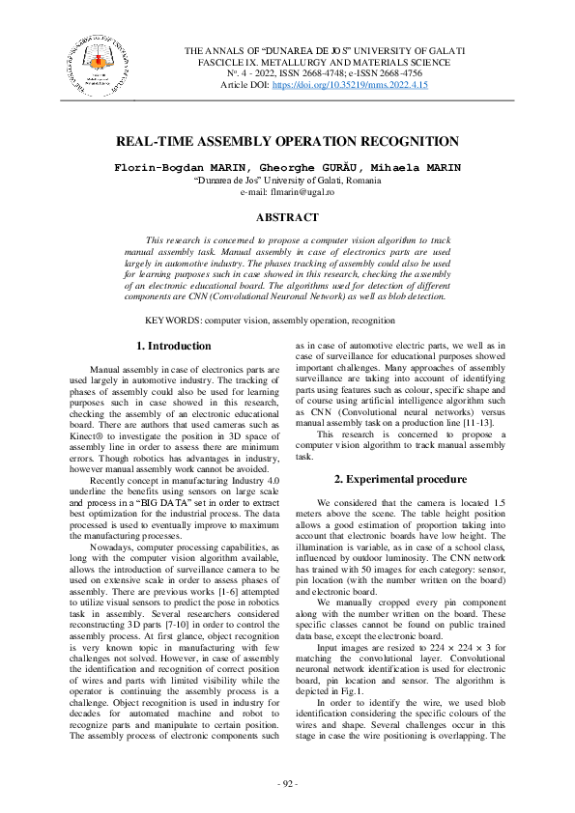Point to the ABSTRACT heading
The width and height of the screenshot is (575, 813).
point(287,217)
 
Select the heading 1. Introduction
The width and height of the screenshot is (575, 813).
point(173,346)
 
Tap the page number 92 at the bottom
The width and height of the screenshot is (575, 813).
point(287,782)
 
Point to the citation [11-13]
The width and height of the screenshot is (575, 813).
point(479,421)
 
